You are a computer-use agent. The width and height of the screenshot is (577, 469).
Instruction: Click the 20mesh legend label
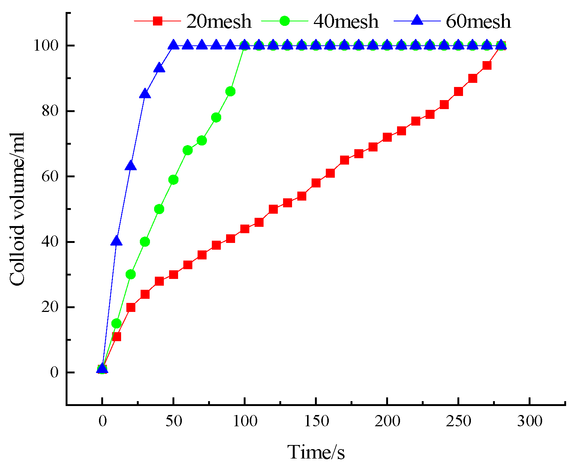(219, 21)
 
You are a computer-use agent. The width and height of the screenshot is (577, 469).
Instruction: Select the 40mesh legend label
(346, 21)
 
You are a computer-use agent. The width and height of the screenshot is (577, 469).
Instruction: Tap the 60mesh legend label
(478, 21)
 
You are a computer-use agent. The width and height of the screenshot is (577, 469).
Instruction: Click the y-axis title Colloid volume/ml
(17, 209)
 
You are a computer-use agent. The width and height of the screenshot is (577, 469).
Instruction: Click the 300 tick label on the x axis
(529, 421)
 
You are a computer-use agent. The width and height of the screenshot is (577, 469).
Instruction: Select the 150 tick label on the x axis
(316, 421)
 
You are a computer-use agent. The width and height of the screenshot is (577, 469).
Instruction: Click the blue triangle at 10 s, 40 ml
(117, 241)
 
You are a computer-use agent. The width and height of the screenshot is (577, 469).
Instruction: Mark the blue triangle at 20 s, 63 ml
(130, 166)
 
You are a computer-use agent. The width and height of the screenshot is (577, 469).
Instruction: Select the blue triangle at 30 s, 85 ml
(145, 94)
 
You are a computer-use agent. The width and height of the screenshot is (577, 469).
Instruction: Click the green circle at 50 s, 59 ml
(173, 180)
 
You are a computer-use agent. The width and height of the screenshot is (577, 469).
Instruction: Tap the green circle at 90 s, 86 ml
(231, 91)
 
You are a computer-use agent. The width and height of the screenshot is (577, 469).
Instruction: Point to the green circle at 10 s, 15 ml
(117, 323)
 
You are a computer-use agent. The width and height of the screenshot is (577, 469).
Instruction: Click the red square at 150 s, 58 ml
(316, 183)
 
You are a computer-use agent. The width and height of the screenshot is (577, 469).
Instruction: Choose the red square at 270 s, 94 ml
(487, 65)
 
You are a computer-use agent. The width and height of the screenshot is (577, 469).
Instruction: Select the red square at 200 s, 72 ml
(387, 137)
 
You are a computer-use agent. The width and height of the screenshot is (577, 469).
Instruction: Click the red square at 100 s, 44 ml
(245, 229)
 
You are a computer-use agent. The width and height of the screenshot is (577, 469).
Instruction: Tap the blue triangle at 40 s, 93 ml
(159, 68)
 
